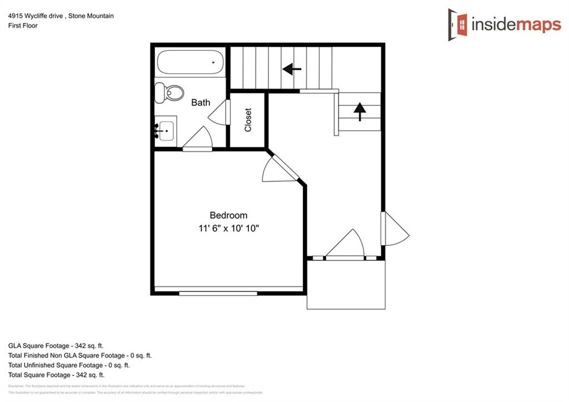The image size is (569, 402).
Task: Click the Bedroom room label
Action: [228, 215]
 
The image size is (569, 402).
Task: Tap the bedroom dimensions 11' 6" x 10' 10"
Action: [228, 228]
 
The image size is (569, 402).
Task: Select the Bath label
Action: [201, 102]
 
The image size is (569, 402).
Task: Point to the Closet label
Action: [248, 120]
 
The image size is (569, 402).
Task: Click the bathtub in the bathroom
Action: [191, 62]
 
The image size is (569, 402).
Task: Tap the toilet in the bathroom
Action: [169, 92]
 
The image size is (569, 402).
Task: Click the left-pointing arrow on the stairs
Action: [292, 69]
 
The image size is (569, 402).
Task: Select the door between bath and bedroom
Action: [197, 140]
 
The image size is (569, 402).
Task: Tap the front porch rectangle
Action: [346, 284]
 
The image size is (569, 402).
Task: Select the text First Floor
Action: [23, 26]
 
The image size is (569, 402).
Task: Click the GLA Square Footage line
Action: [64, 345]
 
